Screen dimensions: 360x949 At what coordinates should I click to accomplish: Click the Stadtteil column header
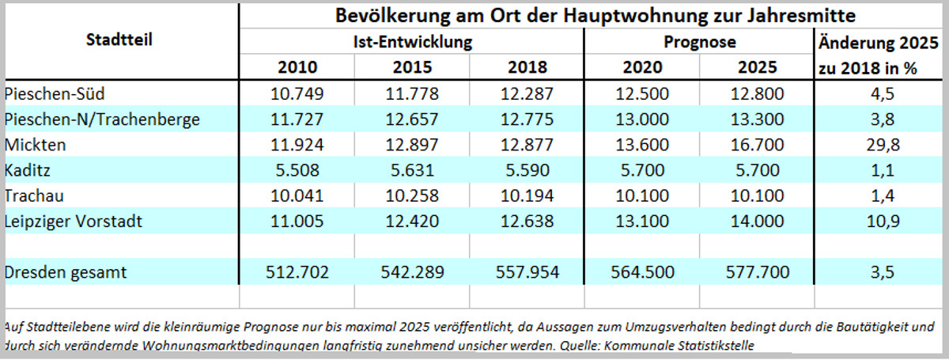tap(119, 40)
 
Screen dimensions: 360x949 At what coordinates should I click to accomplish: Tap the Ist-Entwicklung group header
tap(411, 41)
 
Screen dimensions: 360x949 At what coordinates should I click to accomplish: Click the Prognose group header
tap(699, 41)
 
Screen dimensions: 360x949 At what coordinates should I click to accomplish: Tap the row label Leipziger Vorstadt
tap(73, 222)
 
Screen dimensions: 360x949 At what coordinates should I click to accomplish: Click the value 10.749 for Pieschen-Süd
tap(296, 94)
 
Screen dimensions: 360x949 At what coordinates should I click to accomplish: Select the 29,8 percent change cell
tap(880, 145)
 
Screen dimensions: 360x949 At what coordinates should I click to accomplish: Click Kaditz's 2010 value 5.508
tap(296, 170)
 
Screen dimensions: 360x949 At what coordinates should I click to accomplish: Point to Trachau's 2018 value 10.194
tap(526, 196)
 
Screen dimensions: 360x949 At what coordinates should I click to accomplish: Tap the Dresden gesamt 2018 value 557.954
tap(526, 272)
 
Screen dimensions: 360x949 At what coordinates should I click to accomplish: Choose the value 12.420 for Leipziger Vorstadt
tap(411, 222)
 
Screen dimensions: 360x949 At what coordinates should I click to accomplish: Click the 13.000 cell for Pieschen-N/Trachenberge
tap(642, 119)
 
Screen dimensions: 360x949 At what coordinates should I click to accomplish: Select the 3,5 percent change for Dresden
tap(880, 272)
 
